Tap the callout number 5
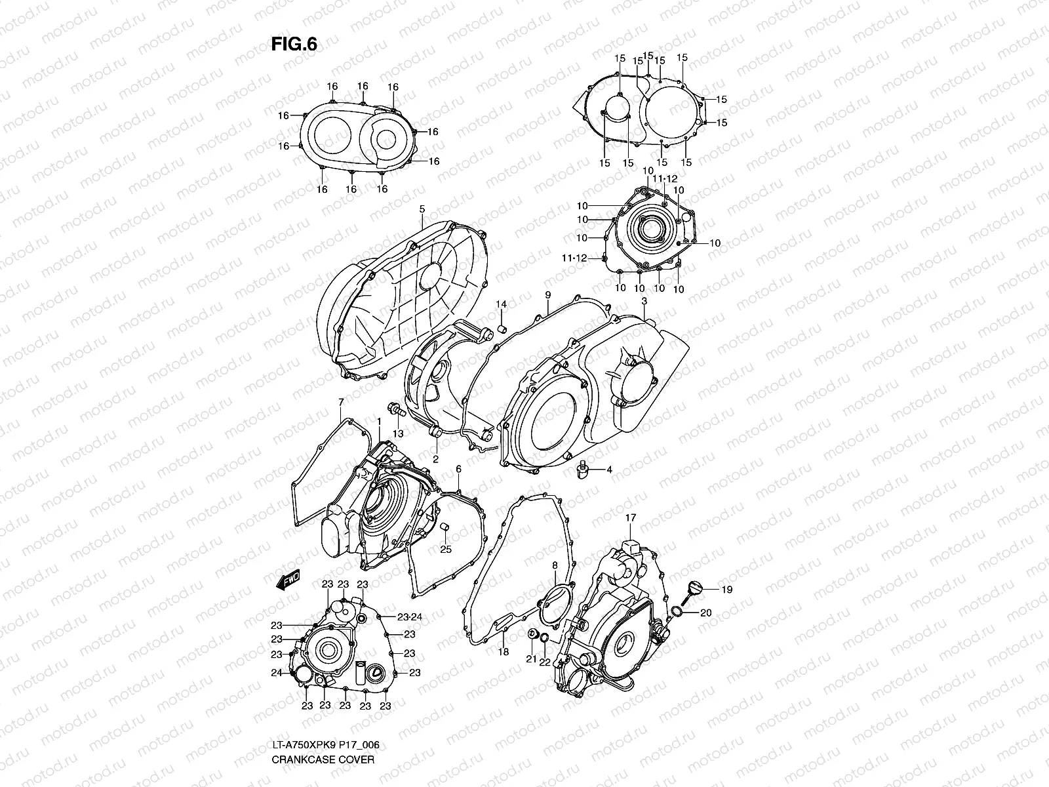click(x=422, y=209)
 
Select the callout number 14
click(x=501, y=304)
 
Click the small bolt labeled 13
click(x=395, y=410)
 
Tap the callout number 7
click(x=341, y=401)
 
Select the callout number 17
click(x=630, y=518)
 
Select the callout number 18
click(x=504, y=652)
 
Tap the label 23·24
click(x=410, y=617)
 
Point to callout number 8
click(x=555, y=565)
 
